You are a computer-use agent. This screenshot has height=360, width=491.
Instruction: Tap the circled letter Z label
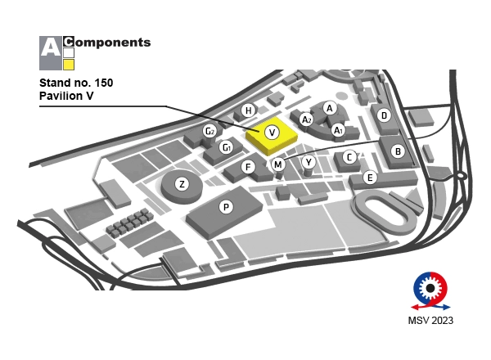[x=182, y=184]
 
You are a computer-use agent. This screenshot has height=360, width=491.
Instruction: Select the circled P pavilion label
[x=226, y=208]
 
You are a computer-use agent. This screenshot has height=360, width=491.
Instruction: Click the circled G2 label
[x=209, y=131]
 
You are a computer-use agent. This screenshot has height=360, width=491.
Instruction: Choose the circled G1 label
[x=227, y=148]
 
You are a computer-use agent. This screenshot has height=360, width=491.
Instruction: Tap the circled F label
[x=248, y=167]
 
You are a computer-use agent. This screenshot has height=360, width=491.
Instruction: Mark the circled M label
[x=278, y=164]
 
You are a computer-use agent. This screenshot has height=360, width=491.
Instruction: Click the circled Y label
[x=308, y=162]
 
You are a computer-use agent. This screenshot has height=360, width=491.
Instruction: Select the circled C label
[x=349, y=157]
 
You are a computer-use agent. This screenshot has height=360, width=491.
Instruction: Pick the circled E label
[x=370, y=177]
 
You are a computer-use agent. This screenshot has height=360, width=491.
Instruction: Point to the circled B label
[x=397, y=151]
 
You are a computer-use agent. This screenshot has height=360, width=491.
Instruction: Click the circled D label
[x=384, y=115]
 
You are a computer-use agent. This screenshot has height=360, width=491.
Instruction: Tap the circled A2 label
[x=307, y=119]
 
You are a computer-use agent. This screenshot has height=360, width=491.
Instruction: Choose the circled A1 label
[x=337, y=128]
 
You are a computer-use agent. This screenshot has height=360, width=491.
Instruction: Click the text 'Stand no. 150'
[x=76, y=83]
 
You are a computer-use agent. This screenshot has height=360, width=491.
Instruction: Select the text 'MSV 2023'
[x=430, y=320]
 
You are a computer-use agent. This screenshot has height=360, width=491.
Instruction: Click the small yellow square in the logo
[x=70, y=65]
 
